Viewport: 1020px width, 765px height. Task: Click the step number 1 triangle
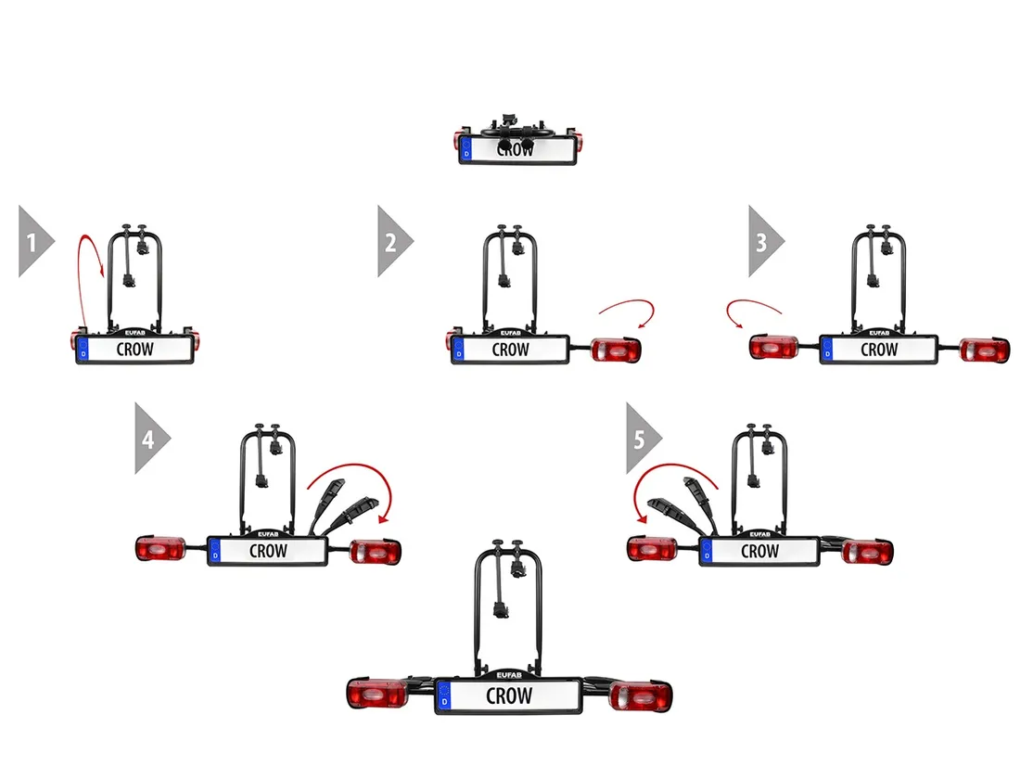[33, 243]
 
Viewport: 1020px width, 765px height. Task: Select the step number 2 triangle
[392, 242]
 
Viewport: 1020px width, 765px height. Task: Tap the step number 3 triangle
[764, 242]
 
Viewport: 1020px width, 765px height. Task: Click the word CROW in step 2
[510, 350]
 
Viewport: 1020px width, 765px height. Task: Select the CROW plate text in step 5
[759, 551]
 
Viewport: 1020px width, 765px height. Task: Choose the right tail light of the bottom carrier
[641, 695]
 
